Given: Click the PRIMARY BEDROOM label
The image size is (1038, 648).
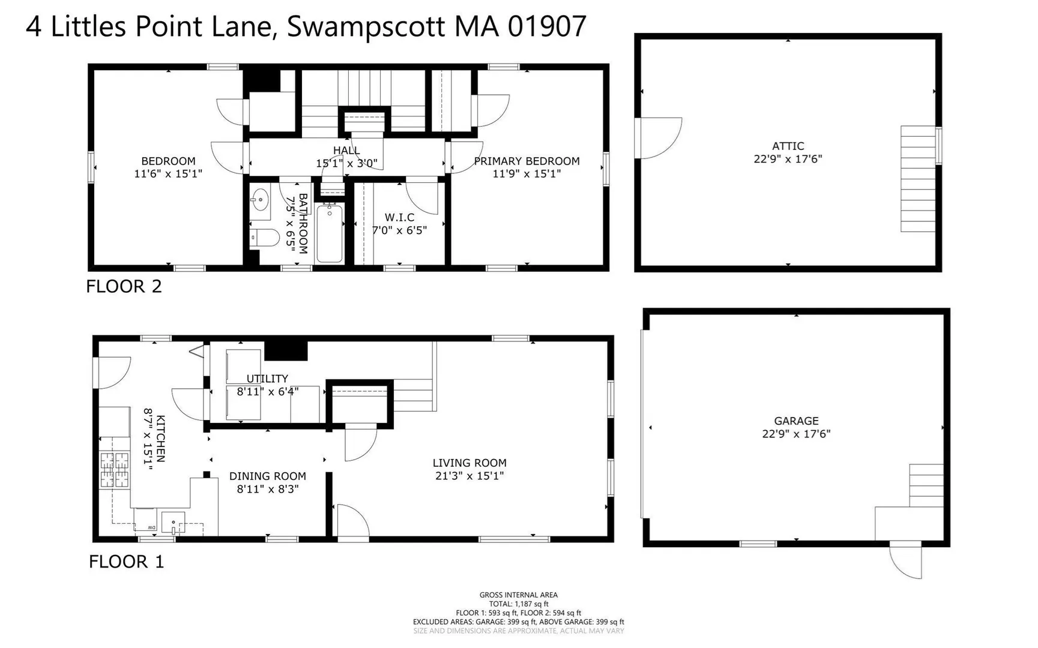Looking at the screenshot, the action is click(527, 161).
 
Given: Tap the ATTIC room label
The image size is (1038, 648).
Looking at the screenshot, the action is click(788, 146).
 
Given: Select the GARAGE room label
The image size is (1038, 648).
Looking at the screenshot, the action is click(796, 421).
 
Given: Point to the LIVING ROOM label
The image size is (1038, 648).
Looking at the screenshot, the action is click(469, 463).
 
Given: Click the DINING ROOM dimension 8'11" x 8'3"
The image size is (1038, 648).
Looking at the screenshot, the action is click(268, 489).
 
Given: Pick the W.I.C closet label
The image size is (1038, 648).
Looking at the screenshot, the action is click(399, 217).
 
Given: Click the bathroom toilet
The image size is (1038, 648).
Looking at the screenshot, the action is click(264, 238).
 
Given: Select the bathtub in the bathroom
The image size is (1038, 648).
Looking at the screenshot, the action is click(330, 233).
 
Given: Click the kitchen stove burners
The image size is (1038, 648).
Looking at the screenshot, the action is click(114, 469).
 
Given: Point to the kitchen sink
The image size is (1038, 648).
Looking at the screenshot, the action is click(173, 523).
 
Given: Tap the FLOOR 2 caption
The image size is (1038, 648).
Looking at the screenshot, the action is click(124, 286).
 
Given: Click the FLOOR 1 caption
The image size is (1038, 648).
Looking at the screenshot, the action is click(126, 562).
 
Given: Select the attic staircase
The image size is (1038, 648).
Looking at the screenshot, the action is click(918, 179).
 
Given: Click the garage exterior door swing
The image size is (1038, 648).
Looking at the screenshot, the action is click(905, 560).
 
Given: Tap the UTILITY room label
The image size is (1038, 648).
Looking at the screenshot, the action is click(267, 379).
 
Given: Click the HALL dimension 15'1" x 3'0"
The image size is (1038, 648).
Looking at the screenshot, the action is click(346, 163).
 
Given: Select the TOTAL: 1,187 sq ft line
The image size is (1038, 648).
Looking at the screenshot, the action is click(519, 604).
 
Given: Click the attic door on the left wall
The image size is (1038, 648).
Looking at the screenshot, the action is click(659, 138).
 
